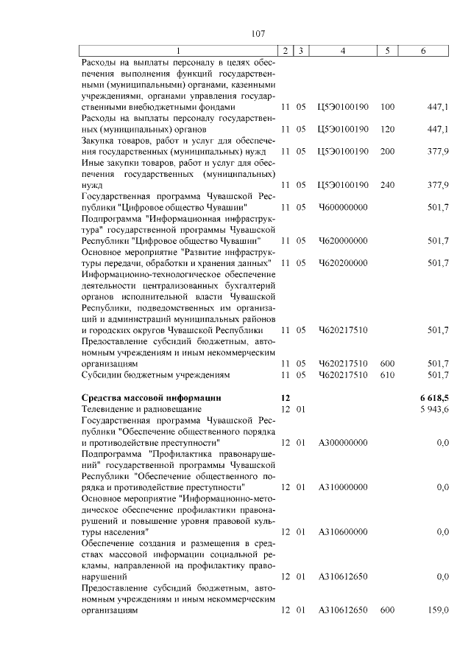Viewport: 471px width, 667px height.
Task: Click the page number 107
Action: tap(258, 33)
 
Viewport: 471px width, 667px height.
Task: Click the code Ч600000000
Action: tap(342, 207)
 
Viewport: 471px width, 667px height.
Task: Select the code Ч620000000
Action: tap(342, 240)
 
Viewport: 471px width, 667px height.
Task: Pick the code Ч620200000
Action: tap(342, 263)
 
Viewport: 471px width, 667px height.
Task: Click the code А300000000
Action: tap(342, 443)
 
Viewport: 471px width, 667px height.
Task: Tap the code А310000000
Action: tap(342, 488)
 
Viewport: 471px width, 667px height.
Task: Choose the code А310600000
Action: tap(342, 531)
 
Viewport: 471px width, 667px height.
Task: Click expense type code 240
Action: tap(387, 185)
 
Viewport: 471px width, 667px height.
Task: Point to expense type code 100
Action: tap(387, 107)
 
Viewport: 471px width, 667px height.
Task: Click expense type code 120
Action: tap(387, 129)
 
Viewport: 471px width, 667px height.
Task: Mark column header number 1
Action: tap(178, 50)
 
